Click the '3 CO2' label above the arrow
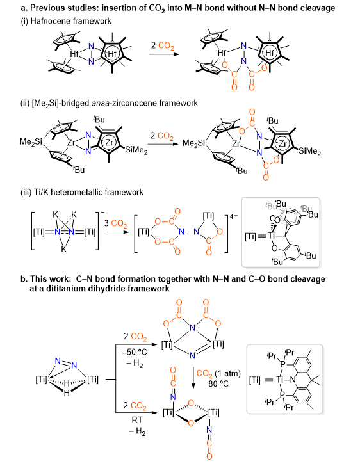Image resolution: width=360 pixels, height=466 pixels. (x=115, y=223)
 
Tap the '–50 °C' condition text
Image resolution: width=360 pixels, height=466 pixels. (x=135, y=352)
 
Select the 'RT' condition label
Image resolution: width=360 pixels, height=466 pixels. (x=137, y=420)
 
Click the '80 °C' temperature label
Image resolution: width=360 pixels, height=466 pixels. (x=218, y=383)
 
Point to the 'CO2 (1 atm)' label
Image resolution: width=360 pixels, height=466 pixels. (x=218, y=374)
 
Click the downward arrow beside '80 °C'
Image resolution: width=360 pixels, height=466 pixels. (x=193, y=378)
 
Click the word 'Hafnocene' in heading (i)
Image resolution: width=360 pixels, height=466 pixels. (x=49, y=21)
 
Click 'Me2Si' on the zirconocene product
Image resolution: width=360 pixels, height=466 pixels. (x=193, y=143)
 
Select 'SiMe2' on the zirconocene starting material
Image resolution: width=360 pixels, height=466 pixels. (x=136, y=150)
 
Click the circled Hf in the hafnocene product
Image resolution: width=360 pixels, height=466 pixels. (x=270, y=53)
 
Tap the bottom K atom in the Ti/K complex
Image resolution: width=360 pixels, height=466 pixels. (x=63, y=249)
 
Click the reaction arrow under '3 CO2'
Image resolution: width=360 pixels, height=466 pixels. (x=116, y=232)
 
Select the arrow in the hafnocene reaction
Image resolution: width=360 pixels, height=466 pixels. (x=164, y=54)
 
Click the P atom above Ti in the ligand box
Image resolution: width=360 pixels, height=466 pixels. (x=283, y=364)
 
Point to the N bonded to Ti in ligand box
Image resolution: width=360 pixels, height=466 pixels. (x=293, y=380)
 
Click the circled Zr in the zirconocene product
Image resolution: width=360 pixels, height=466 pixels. (x=282, y=144)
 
